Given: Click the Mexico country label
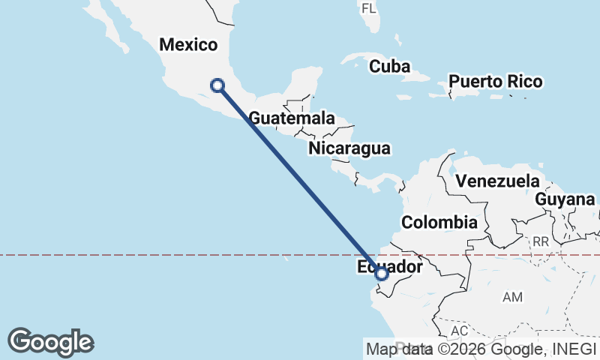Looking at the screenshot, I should pos(188,45).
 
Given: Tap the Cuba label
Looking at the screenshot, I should pos(389,67).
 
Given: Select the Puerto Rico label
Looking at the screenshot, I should pos(495,81).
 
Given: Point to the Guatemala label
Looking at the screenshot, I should pos(292,118).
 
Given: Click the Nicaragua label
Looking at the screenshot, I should pos(349,148).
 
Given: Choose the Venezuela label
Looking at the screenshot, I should pos(498,181).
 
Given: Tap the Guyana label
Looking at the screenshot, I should pos(565,199).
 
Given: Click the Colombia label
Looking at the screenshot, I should pos(439,222).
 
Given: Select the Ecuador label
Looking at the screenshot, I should pos(390,266).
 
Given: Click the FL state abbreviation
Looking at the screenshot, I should pos(368,8).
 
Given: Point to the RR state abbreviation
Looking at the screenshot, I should pos(541,241).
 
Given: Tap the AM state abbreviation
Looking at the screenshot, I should pos(513,298).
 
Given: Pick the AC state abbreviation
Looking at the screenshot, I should pos(460,331).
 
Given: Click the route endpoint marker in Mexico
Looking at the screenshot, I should pos(217,85).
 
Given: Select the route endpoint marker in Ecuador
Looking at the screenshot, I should pos(382,274).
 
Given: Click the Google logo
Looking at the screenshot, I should pos(51,342).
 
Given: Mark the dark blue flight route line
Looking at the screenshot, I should pos(300,180).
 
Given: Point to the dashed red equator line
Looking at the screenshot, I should pos(150,255).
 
